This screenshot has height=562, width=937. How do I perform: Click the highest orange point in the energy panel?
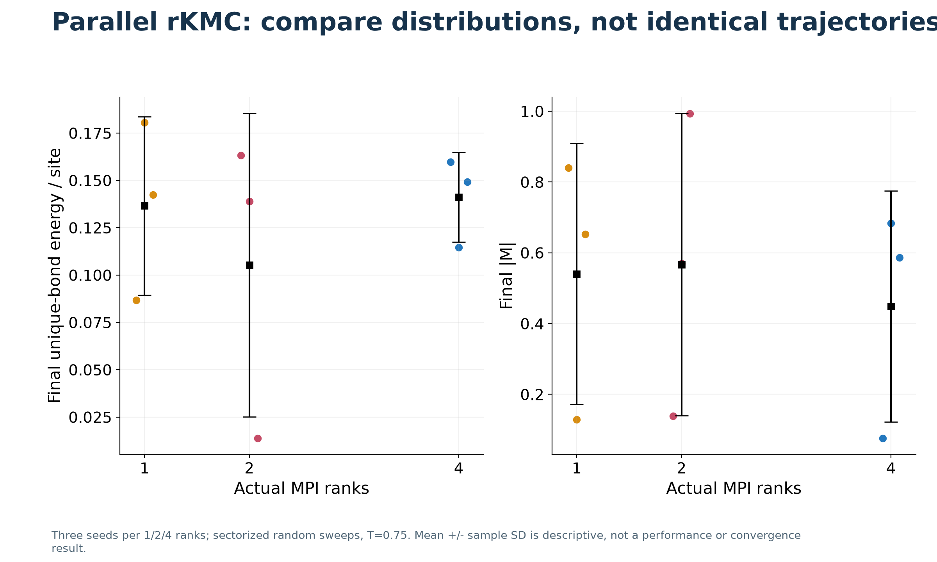tap(144, 123)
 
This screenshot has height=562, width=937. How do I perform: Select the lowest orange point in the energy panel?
tap(136, 300)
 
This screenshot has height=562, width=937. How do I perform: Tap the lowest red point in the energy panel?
tap(258, 438)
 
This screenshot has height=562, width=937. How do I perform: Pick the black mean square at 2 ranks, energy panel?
tap(249, 265)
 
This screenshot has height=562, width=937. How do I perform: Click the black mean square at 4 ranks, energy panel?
tap(459, 197)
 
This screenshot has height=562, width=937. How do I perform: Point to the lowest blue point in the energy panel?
tap(459, 247)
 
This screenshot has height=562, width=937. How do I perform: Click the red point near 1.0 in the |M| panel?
tap(690, 114)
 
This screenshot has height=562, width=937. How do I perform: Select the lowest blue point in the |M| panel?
tap(883, 438)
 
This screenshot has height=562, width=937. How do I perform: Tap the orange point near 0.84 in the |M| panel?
tap(568, 168)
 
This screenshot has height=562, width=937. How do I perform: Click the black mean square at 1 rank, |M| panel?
tap(577, 274)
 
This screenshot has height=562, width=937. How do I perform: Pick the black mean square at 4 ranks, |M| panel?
tap(891, 306)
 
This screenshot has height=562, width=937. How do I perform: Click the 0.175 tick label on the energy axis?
tap(90, 133)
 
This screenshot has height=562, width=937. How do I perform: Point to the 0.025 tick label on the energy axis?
tap(90, 417)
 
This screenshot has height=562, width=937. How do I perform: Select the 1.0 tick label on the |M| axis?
tap(532, 112)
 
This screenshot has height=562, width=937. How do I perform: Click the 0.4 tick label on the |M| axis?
tap(532, 324)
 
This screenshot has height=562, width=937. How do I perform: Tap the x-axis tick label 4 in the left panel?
tap(459, 468)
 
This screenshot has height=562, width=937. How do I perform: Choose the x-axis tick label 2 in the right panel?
tap(682, 468)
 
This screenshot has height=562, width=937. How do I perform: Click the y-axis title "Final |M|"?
tap(507, 276)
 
